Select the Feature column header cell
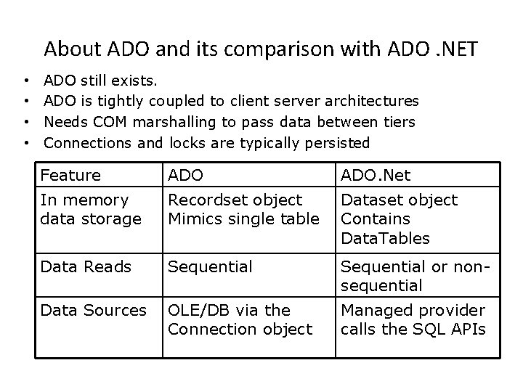tap(70, 175)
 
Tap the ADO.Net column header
tap(375, 175)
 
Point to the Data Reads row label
tap(86, 267)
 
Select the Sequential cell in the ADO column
tap(210, 267)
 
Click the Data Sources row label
tap(93, 310)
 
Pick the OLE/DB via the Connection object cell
tap(240, 319)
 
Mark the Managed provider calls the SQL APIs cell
tap(413, 319)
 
